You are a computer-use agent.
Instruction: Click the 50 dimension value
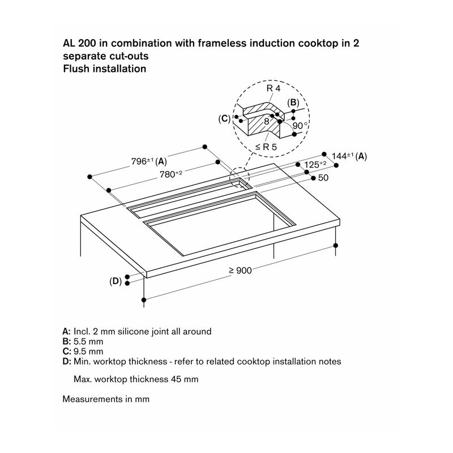(x=323, y=178)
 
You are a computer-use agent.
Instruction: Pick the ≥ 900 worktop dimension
(x=240, y=271)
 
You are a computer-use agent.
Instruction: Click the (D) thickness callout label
(x=116, y=281)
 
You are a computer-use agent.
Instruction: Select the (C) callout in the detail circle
(x=224, y=119)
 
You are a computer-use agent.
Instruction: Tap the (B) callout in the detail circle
(x=293, y=102)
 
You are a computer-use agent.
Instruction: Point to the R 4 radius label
(x=273, y=88)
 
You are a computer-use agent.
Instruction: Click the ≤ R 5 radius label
(x=266, y=147)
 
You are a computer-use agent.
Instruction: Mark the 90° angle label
(x=300, y=125)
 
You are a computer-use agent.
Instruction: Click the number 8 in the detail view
(x=267, y=121)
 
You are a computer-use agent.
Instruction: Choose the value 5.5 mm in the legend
(x=88, y=341)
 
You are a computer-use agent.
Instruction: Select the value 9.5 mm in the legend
(x=88, y=351)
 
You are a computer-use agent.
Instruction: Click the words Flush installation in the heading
(x=105, y=69)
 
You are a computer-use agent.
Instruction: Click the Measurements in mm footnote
(x=106, y=399)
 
